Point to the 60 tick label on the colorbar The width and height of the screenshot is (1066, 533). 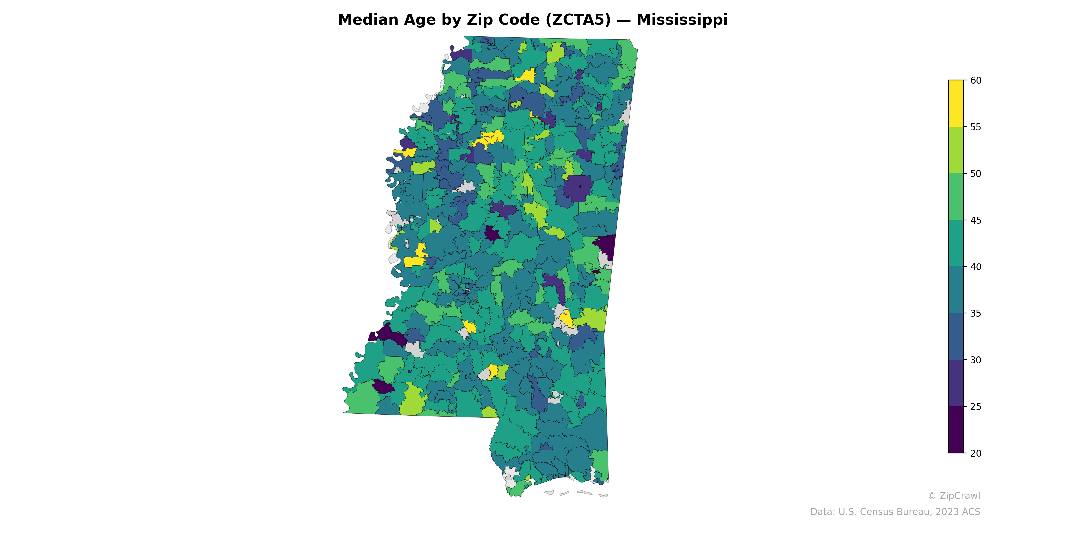(975, 80)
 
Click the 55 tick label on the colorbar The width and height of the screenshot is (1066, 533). (975, 127)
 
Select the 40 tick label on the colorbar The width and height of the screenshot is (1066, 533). (975, 267)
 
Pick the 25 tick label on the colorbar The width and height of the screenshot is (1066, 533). (975, 407)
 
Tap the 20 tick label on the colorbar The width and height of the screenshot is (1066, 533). (975, 453)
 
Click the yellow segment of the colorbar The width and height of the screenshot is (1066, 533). (956, 104)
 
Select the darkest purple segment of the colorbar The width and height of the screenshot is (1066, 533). (956, 429)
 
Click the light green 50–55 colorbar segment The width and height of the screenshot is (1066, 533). (956, 150)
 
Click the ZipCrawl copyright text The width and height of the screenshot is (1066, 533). (953, 496)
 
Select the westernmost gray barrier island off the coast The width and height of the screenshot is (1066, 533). (549, 492)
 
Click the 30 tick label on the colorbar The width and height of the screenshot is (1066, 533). (975, 360)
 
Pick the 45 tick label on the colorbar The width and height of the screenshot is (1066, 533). (975, 220)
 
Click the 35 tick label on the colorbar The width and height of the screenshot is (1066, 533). (975, 313)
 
